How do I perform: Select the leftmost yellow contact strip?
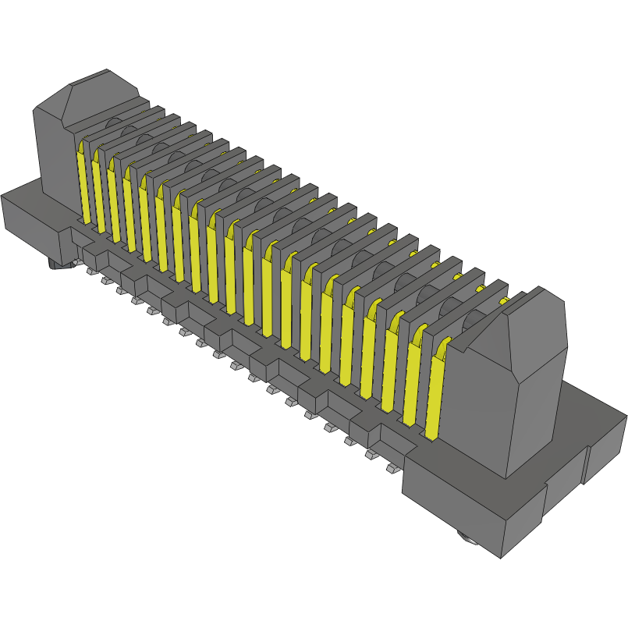(x=82, y=183)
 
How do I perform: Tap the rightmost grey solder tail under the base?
(x=391, y=468)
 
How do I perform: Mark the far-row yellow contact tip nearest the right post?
(x=504, y=300)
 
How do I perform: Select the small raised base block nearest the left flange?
(x=93, y=254)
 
